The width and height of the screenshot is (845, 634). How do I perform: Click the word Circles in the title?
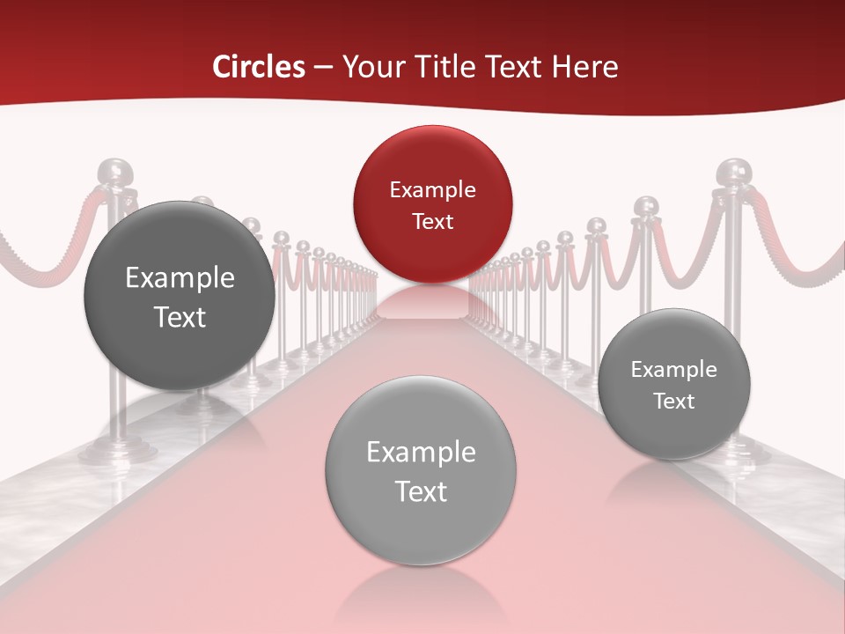tap(258, 67)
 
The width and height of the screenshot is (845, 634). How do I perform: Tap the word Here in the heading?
tap(586, 67)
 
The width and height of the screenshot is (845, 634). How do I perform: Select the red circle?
tap(432, 204)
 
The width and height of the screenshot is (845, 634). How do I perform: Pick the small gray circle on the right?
tap(674, 385)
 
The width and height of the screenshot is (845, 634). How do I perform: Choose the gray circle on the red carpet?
tap(421, 470)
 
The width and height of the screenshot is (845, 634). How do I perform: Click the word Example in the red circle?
tap(432, 189)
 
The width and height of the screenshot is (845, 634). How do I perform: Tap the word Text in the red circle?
tap(432, 221)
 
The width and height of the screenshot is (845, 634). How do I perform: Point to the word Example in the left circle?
tap(180, 278)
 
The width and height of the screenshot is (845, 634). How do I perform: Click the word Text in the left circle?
tap(180, 317)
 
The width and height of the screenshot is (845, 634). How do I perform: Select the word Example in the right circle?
tap(674, 370)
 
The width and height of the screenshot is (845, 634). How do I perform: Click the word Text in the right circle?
tap(674, 402)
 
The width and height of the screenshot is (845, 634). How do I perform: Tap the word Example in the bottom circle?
tap(421, 453)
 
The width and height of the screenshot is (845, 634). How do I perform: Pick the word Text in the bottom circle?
tap(421, 491)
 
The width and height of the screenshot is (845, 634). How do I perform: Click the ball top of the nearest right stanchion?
tap(732, 172)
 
